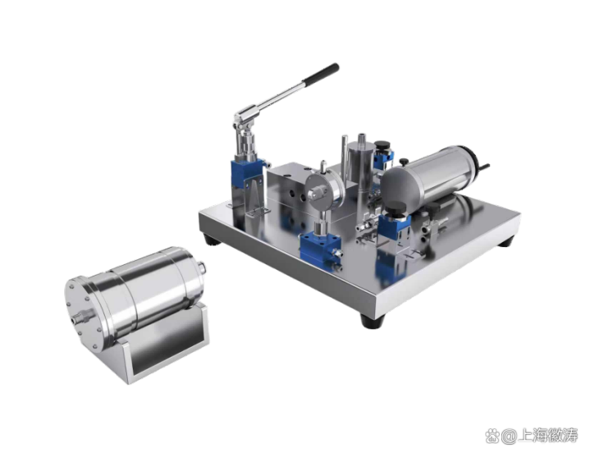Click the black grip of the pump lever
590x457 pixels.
tap(321, 74)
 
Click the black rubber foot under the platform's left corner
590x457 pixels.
tap(211, 240)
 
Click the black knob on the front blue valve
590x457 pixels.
tap(396, 208)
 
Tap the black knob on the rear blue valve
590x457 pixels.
tap(382, 144)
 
